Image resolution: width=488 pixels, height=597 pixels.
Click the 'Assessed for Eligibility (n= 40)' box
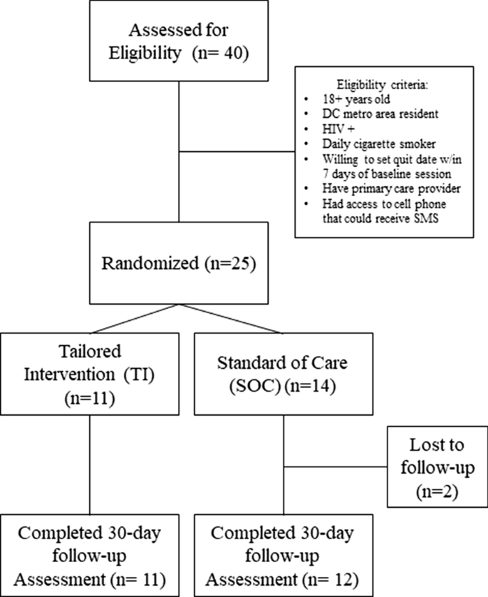(179, 41)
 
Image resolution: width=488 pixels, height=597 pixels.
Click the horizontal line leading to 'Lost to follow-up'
(335, 469)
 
